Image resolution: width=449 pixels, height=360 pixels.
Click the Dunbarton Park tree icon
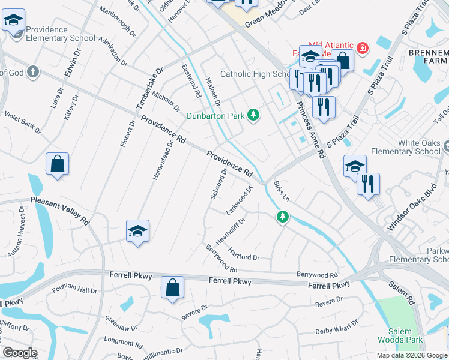click(254, 115)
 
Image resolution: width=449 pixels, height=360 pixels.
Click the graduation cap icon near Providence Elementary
click(13, 22)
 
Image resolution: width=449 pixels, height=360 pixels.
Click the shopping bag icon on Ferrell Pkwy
click(172, 288)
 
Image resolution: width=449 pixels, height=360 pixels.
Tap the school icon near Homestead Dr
click(137, 232)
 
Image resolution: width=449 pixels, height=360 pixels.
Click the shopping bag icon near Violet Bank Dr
click(57, 165)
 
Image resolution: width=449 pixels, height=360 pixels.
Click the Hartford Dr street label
click(243, 255)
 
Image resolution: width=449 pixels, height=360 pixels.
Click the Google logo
click(20, 353)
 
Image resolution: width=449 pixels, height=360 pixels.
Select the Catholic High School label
click(255, 74)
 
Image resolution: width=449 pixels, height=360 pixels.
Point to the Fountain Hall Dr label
click(74, 290)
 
